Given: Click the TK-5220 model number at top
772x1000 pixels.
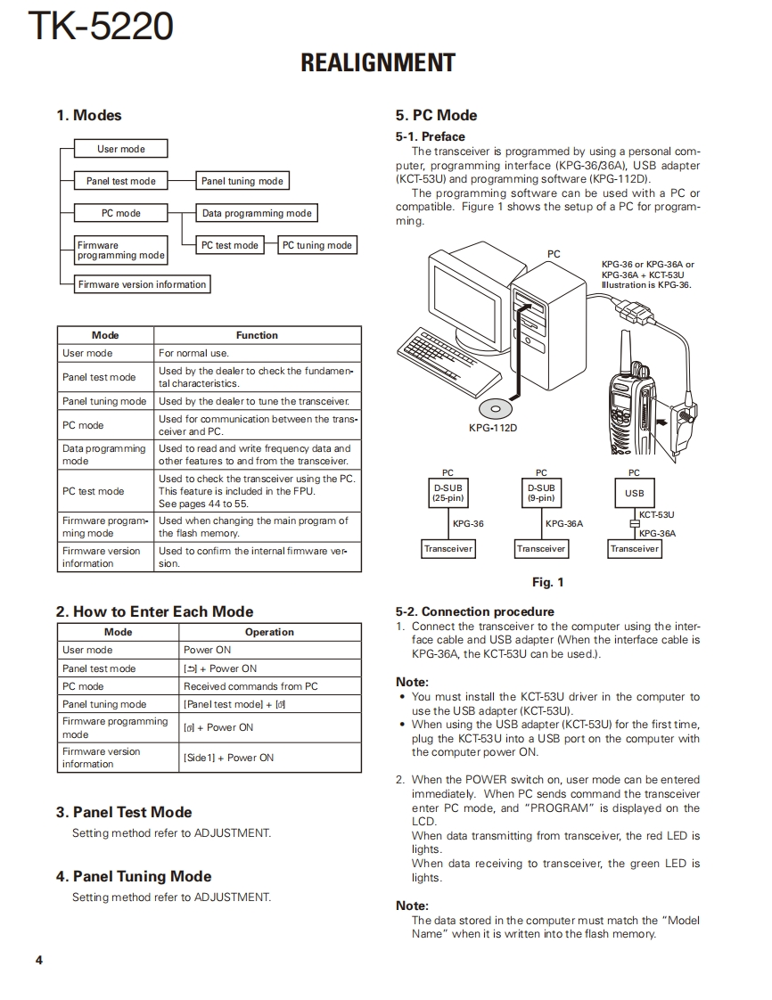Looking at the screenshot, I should point(100,27).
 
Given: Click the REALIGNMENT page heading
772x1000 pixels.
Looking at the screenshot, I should point(378,63).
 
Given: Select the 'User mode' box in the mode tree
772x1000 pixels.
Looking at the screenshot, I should point(121,149).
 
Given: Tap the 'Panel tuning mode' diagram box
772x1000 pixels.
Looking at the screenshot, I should point(242,181).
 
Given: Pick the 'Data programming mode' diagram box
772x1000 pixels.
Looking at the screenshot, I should point(257,213).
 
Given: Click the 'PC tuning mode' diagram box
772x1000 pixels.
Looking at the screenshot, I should point(316,245).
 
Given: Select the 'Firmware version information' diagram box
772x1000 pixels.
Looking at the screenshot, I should point(142,284).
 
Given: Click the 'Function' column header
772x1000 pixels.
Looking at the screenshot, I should point(257,335).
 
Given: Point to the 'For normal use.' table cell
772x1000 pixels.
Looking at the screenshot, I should point(193,353).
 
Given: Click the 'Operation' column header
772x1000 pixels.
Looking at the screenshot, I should point(269,632).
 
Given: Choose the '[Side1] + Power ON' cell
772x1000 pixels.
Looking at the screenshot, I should point(228,758).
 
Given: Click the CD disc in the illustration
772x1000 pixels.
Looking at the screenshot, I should point(493,409).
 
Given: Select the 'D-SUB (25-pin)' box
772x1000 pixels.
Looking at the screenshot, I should point(448,493).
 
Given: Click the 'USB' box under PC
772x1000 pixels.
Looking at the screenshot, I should point(634,493).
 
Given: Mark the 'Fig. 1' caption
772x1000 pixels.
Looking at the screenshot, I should point(547,582).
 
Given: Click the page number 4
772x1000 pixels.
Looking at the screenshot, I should point(38,960).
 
